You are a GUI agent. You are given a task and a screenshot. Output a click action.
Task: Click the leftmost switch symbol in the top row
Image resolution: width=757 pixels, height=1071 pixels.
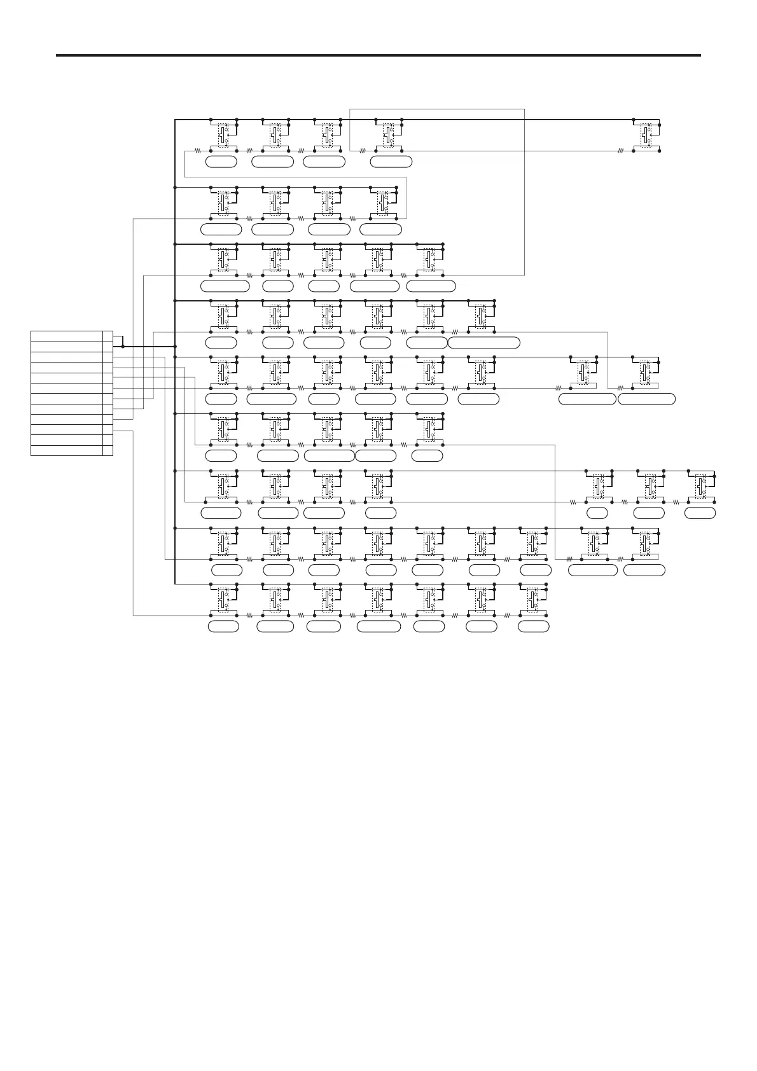pos(223,135)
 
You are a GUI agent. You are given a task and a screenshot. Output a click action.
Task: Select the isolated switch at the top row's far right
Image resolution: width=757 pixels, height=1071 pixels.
pos(646,135)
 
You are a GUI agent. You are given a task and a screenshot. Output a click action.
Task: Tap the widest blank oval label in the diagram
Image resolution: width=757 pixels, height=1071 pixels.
pos(483,343)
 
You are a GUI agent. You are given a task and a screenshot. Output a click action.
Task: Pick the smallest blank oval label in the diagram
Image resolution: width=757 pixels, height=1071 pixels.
pos(597,513)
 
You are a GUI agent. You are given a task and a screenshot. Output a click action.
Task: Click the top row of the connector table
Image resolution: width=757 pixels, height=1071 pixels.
pos(67,336)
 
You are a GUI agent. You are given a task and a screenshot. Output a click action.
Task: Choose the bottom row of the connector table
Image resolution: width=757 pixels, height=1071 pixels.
pos(67,451)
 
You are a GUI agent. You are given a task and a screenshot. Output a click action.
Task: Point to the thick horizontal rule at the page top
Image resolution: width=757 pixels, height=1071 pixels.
pos(378,55)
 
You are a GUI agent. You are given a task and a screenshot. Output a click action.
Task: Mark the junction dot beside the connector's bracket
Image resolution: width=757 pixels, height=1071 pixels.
pos(123,347)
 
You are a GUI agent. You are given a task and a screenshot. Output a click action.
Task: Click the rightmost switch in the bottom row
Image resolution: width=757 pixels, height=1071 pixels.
pos(533,599)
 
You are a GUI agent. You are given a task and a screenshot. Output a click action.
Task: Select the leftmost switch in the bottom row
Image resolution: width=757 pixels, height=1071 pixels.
pos(223,599)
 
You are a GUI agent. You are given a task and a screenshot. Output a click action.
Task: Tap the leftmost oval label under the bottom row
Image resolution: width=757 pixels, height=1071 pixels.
pos(223,626)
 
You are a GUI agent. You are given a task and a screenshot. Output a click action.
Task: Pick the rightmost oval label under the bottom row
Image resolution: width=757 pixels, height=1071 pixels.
pos(533,626)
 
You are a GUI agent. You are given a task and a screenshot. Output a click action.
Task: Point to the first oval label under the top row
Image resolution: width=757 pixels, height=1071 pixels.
pos(221,162)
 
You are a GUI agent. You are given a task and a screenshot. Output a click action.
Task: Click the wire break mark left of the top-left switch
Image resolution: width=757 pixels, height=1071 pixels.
pos(198,151)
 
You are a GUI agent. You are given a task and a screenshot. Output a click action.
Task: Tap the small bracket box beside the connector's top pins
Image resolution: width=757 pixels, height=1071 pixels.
pos(118,341)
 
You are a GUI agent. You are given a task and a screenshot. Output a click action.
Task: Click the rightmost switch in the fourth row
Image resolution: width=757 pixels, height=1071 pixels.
pos(481,316)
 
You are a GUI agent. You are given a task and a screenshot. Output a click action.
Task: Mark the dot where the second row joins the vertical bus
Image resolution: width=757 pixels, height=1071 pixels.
pos(175,188)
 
